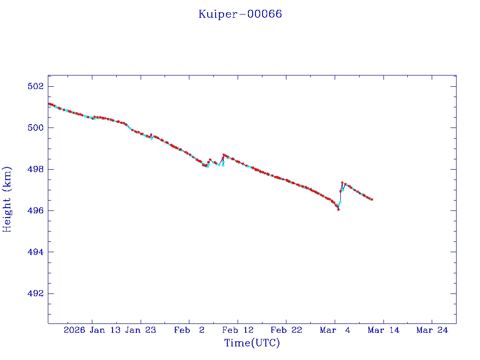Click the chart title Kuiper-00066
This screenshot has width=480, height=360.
240,14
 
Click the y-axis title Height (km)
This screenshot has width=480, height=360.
7,199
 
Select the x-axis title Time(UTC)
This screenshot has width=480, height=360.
252,343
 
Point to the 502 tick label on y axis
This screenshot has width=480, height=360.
36,87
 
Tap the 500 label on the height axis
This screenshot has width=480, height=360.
36,128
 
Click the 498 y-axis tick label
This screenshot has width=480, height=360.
36,169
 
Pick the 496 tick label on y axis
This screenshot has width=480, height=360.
36,211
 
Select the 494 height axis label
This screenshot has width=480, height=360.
36,252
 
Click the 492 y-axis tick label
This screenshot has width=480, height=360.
36,294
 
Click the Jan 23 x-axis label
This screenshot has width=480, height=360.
141,330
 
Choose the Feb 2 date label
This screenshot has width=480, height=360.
189,330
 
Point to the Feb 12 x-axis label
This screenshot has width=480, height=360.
238,330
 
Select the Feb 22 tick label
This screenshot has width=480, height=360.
286,330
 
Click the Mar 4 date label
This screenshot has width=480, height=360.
335,330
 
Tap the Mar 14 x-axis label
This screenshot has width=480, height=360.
383,330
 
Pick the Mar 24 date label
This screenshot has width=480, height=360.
432,330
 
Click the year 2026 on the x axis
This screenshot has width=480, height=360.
75,330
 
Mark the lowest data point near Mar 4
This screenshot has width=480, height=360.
338,210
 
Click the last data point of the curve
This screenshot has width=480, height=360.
372,200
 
